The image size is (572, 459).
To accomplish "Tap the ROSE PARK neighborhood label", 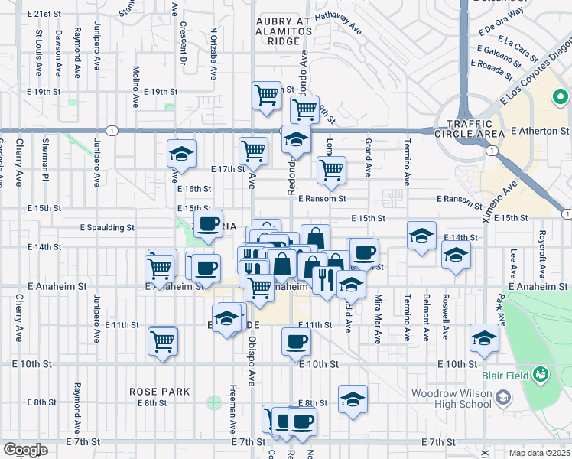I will pos(159,391).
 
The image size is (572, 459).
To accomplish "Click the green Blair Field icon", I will pos(541,374).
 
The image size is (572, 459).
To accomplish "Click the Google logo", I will pos(24,450).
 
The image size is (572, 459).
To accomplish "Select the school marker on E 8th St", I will pos(353,399).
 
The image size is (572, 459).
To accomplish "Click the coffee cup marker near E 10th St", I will pos(296,341).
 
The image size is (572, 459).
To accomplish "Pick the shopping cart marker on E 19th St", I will pos(267,96).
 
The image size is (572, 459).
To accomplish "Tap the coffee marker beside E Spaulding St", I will pos(207,224).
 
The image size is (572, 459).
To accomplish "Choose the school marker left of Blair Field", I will pos(484,337).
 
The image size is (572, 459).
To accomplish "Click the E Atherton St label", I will pos(544,132).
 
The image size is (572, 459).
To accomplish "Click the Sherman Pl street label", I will pos(46,164).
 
